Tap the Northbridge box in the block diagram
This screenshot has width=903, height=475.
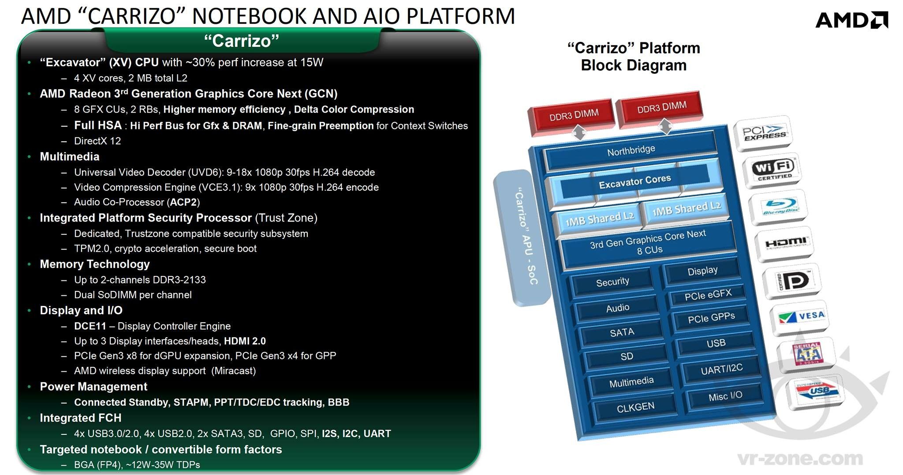[631, 151]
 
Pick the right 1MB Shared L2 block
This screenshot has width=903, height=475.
[686, 209]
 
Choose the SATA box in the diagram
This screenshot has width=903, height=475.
[622, 332]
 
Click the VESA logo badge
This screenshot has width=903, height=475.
[800, 317]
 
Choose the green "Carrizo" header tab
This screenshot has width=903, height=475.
[242, 41]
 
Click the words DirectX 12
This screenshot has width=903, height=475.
[97, 141]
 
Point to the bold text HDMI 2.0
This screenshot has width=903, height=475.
[245, 341]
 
